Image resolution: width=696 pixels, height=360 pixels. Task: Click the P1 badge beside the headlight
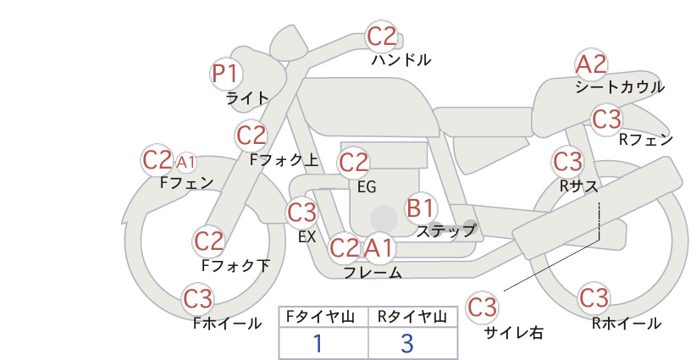pos(226,74)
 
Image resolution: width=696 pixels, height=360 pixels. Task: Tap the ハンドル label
pos(400,59)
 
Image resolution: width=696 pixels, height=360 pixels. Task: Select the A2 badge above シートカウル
pos(591,64)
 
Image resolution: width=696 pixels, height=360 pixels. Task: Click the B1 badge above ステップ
pos(421,208)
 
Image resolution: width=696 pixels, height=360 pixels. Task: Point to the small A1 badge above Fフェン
pos(186,163)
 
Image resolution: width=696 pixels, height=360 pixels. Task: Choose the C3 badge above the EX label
pos(301,212)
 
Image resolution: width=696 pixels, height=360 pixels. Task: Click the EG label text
pos(367,187)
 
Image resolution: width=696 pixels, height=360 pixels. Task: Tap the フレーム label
pos(373,273)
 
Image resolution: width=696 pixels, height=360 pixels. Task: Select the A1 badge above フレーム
pos(379,247)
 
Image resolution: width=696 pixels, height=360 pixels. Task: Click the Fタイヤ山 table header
pos(320,317)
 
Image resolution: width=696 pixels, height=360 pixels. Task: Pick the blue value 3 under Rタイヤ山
pos(407,343)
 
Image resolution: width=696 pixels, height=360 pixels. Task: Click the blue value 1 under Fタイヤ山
pos(318,343)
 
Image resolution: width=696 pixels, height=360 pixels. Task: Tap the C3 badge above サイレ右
pos(482,307)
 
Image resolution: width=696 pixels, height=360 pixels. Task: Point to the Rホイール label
pos(627,324)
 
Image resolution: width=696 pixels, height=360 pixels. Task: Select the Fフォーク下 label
pos(235,265)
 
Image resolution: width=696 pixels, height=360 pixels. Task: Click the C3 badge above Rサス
pos(568,161)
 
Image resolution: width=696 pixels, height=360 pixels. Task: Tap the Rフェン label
pos(646,140)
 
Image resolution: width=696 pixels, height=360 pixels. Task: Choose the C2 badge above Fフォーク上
pos(251,136)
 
